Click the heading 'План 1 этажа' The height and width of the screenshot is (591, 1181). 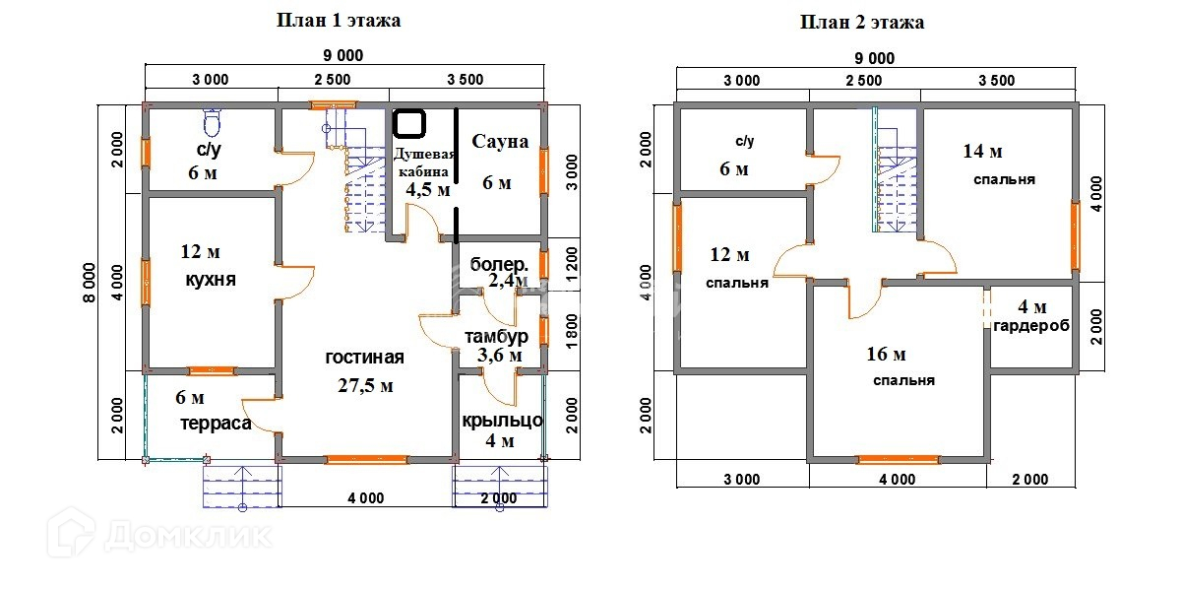[339, 21]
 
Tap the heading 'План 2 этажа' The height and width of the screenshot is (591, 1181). [862, 22]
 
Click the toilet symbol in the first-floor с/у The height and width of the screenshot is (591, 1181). [211, 122]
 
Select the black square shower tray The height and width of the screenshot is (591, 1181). [409, 124]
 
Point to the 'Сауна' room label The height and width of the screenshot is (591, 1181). [500, 142]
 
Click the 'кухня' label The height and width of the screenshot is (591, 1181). [211, 280]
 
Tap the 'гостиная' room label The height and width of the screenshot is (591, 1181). [365, 358]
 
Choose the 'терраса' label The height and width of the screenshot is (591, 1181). [216, 424]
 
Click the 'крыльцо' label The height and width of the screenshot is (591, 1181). [502, 421]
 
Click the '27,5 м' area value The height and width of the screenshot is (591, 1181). [365, 385]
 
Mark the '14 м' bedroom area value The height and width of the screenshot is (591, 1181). [982, 152]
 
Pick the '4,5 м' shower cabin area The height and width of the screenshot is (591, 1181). [428, 190]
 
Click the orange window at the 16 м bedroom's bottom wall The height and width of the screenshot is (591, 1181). [897, 458]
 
